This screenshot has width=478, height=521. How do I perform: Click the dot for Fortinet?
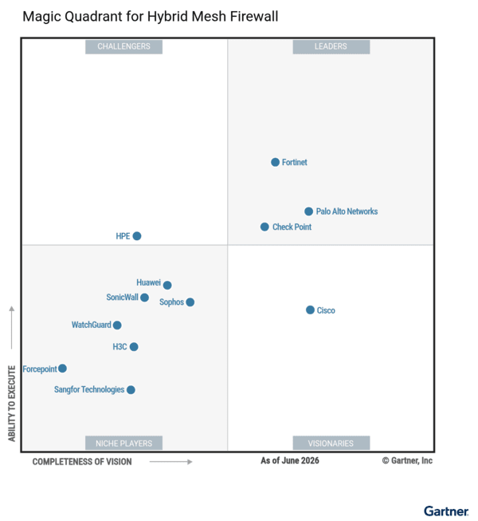click(x=275, y=162)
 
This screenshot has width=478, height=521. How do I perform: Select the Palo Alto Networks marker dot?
click(x=308, y=211)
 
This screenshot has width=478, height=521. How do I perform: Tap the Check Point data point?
click(x=264, y=227)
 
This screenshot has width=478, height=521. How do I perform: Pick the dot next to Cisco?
click(x=310, y=310)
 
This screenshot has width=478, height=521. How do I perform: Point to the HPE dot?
click(x=137, y=236)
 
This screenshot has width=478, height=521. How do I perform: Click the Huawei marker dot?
click(x=167, y=285)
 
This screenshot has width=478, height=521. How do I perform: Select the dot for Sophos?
click(x=190, y=302)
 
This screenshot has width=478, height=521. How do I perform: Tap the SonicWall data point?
click(x=144, y=298)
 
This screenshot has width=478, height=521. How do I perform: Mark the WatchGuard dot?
click(x=117, y=325)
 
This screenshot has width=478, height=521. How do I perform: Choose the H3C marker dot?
click(x=134, y=347)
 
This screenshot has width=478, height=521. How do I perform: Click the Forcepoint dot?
click(x=62, y=369)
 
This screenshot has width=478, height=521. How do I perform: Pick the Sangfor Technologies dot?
click(x=131, y=390)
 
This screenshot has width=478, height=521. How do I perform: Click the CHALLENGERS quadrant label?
click(x=123, y=47)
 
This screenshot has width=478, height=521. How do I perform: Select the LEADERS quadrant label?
click(x=331, y=47)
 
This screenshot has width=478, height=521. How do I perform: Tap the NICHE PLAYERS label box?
click(x=123, y=443)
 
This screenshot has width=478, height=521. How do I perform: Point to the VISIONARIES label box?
click(x=331, y=443)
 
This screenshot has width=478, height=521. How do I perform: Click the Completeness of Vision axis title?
click(x=82, y=462)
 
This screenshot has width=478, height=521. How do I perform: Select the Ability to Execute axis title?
click(x=12, y=404)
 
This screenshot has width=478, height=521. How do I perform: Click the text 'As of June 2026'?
click(x=290, y=460)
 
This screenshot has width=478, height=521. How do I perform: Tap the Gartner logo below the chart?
click(x=446, y=511)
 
